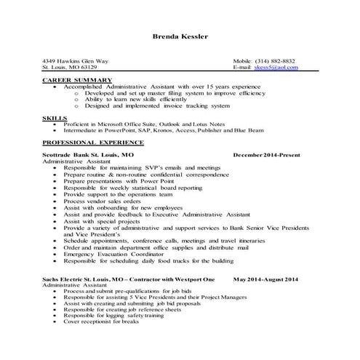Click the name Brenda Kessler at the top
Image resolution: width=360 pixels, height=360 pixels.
coord(180,36)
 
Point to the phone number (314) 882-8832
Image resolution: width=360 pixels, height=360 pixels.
coord(276,60)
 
